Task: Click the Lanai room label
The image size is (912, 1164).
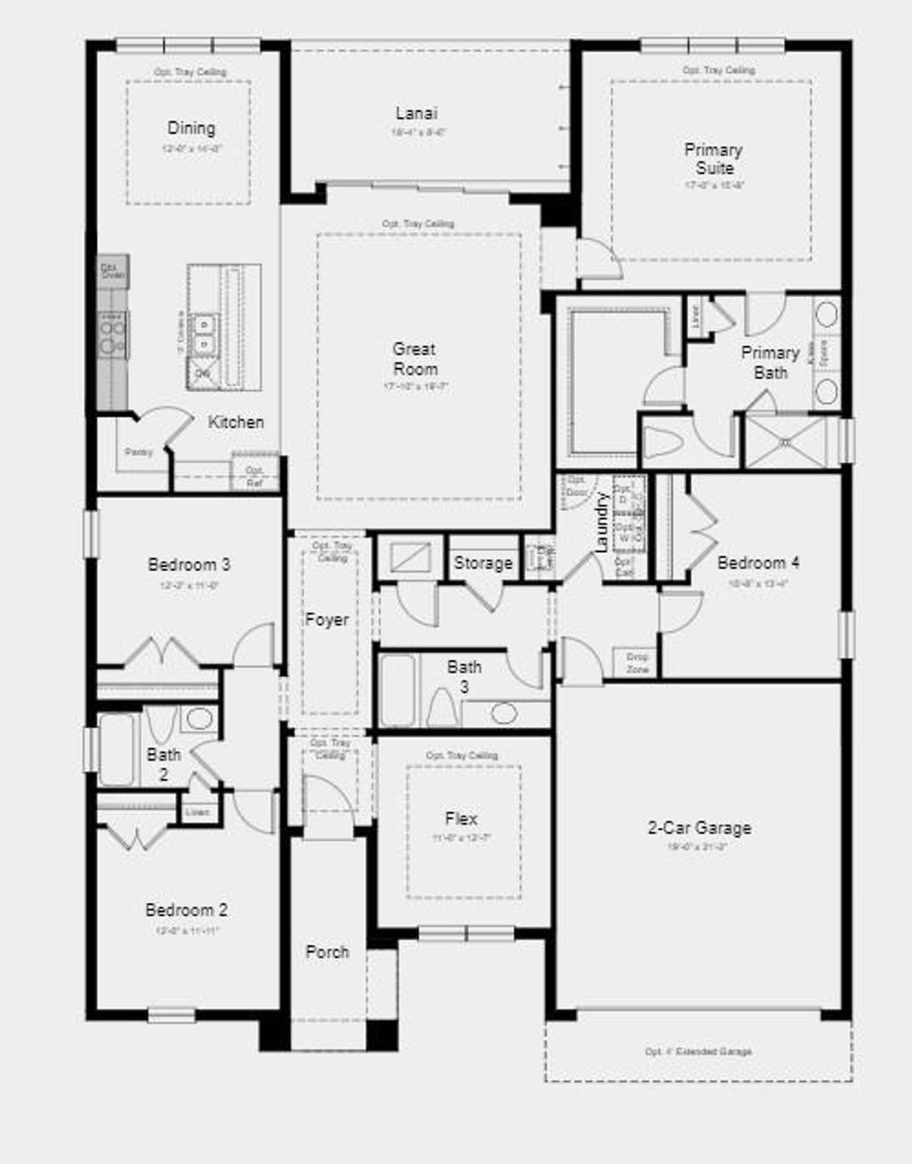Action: pyautogui.click(x=416, y=113)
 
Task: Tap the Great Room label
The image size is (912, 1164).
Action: pyautogui.click(x=415, y=359)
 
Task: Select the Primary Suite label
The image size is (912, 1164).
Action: pyautogui.click(x=713, y=159)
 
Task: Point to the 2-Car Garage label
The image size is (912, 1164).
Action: pyautogui.click(x=699, y=827)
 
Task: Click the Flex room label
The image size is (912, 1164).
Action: pyautogui.click(x=461, y=818)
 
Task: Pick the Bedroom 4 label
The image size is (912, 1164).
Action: pyautogui.click(x=758, y=562)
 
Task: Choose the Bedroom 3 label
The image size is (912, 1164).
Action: pyautogui.click(x=189, y=564)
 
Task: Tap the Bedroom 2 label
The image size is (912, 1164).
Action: pyautogui.click(x=186, y=909)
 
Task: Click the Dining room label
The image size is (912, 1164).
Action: pyautogui.click(x=191, y=128)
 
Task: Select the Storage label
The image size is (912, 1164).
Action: pyautogui.click(x=483, y=563)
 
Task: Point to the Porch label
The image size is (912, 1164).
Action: pyautogui.click(x=327, y=951)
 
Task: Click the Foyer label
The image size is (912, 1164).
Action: pyautogui.click(x=327, y=619)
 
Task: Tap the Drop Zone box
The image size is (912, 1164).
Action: pyautogui.click(x=637, y=663)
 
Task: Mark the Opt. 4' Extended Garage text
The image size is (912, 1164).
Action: pyautogui.click(x=698, y=1052)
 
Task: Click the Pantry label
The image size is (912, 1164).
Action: pyautogui.click(x=138, y=452)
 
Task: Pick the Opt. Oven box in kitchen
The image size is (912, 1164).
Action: pyautogui.click(x=113, y=271)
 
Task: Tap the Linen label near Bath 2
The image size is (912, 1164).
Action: pyautogui.click(x=197, y=812)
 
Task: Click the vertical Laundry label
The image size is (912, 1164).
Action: pyautogui.click(x=601, y=522)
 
